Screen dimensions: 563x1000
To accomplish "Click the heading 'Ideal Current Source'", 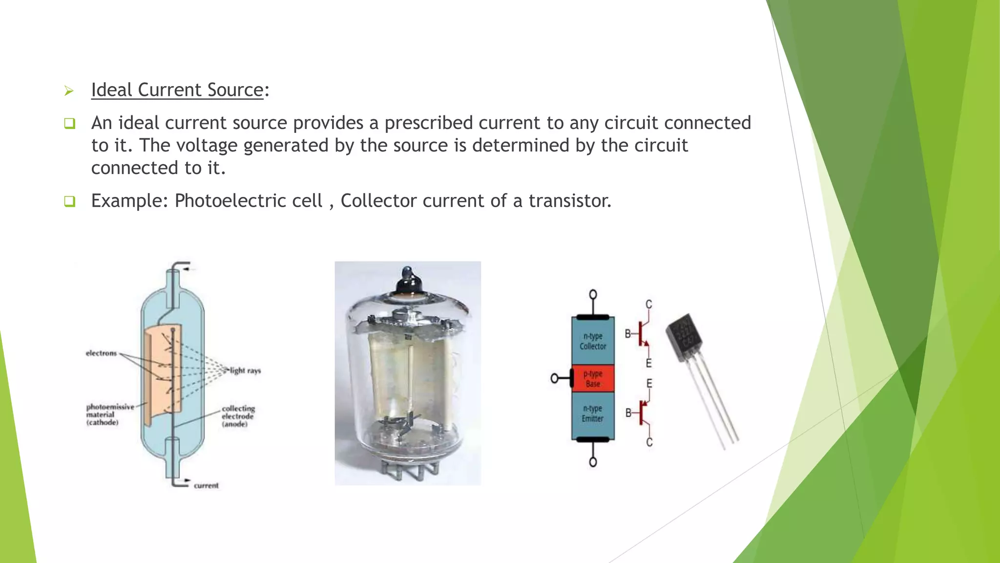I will click(x=177, y=90).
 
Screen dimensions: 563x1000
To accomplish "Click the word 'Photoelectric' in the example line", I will click(x=248, y=201).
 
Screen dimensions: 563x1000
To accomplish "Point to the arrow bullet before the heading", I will click(x=69, y=91).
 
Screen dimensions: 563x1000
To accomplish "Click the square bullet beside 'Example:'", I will click(x=69, y=201).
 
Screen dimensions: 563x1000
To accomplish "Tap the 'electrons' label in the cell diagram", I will click(x=102, y=353).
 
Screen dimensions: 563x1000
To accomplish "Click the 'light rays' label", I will click(x=245, y=370).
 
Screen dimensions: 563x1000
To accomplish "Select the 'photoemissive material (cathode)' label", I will click(x=109, y=414).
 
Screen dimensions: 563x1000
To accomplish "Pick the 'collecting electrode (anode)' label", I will click(x=238, y=416).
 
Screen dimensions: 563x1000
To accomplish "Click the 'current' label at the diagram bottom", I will click(x=206, y=485).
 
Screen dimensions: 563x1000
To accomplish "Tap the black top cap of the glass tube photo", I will click(x=408, y=280).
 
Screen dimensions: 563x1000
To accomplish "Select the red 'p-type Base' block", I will click(x=593, y=379).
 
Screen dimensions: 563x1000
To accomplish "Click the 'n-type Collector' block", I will click(x=593, y=341).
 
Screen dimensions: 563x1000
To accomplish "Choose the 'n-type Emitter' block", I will click(x=593, y=413).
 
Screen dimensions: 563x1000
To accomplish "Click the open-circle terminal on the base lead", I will click(x=555, y=378).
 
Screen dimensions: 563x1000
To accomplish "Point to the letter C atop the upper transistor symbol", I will click(x=648, y=304).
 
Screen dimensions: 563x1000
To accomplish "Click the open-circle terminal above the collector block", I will click(x=593, y=295).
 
